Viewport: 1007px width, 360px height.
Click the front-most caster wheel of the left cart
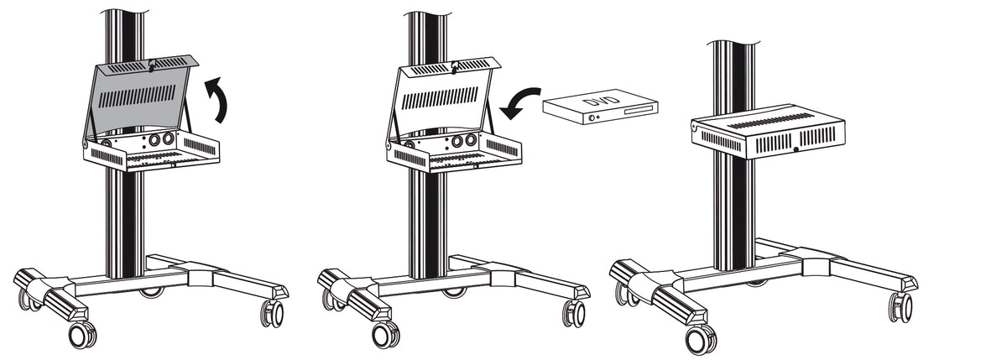(83, 335)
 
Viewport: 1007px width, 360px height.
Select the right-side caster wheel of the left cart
(273, 313)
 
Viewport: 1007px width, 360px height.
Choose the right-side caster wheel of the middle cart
(574, 313)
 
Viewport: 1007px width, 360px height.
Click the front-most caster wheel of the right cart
(702, 339)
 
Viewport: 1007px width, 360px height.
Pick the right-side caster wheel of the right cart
(900, 307)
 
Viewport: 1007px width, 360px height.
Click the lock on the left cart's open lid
(152, 65)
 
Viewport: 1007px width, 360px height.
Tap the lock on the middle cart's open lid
(455, 66)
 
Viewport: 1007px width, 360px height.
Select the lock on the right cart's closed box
(796, 149)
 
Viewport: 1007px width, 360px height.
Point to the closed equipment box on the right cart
(768, 131)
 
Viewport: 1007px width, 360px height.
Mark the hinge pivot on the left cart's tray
(86, 144)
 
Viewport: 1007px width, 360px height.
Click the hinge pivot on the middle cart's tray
(389, 146)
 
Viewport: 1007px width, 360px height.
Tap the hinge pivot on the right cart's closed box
(695, 128)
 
